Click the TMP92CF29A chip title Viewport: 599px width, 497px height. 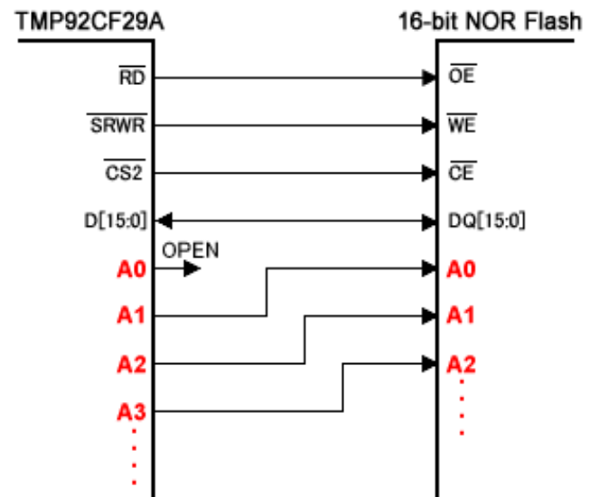[x=90, y=22]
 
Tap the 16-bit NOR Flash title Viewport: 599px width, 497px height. [x=490, y=22]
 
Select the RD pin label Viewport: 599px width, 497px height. [x=132, y=78]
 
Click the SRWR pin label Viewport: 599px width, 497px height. [x=117, y=125]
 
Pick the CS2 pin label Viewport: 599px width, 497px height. [x=124, y=173]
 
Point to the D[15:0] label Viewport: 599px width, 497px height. [x=116, y=220]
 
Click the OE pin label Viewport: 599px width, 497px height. [x=462, y=76]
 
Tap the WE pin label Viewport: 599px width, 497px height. [x=462, y=125]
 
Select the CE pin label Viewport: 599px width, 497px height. [x=461, y=173]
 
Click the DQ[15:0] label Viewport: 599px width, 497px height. [x=487, y=220]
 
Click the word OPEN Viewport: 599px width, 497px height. [x=191, y=250]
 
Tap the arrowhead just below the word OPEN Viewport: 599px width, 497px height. [x=192, y=268]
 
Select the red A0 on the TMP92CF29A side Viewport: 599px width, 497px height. [x=132, y=269]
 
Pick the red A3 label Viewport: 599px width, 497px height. [x=132, y=412]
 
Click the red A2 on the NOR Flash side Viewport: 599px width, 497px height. [x=461, y=364]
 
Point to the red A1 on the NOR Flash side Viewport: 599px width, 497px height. [x=461, y=316]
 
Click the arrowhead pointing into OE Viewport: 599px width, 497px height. [x=429, y=78]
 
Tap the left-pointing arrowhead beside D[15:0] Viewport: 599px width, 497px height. [x=164, y=220]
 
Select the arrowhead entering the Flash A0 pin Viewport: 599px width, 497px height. [x=429, y=268]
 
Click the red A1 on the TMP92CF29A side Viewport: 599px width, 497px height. [x=131, y=316]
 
